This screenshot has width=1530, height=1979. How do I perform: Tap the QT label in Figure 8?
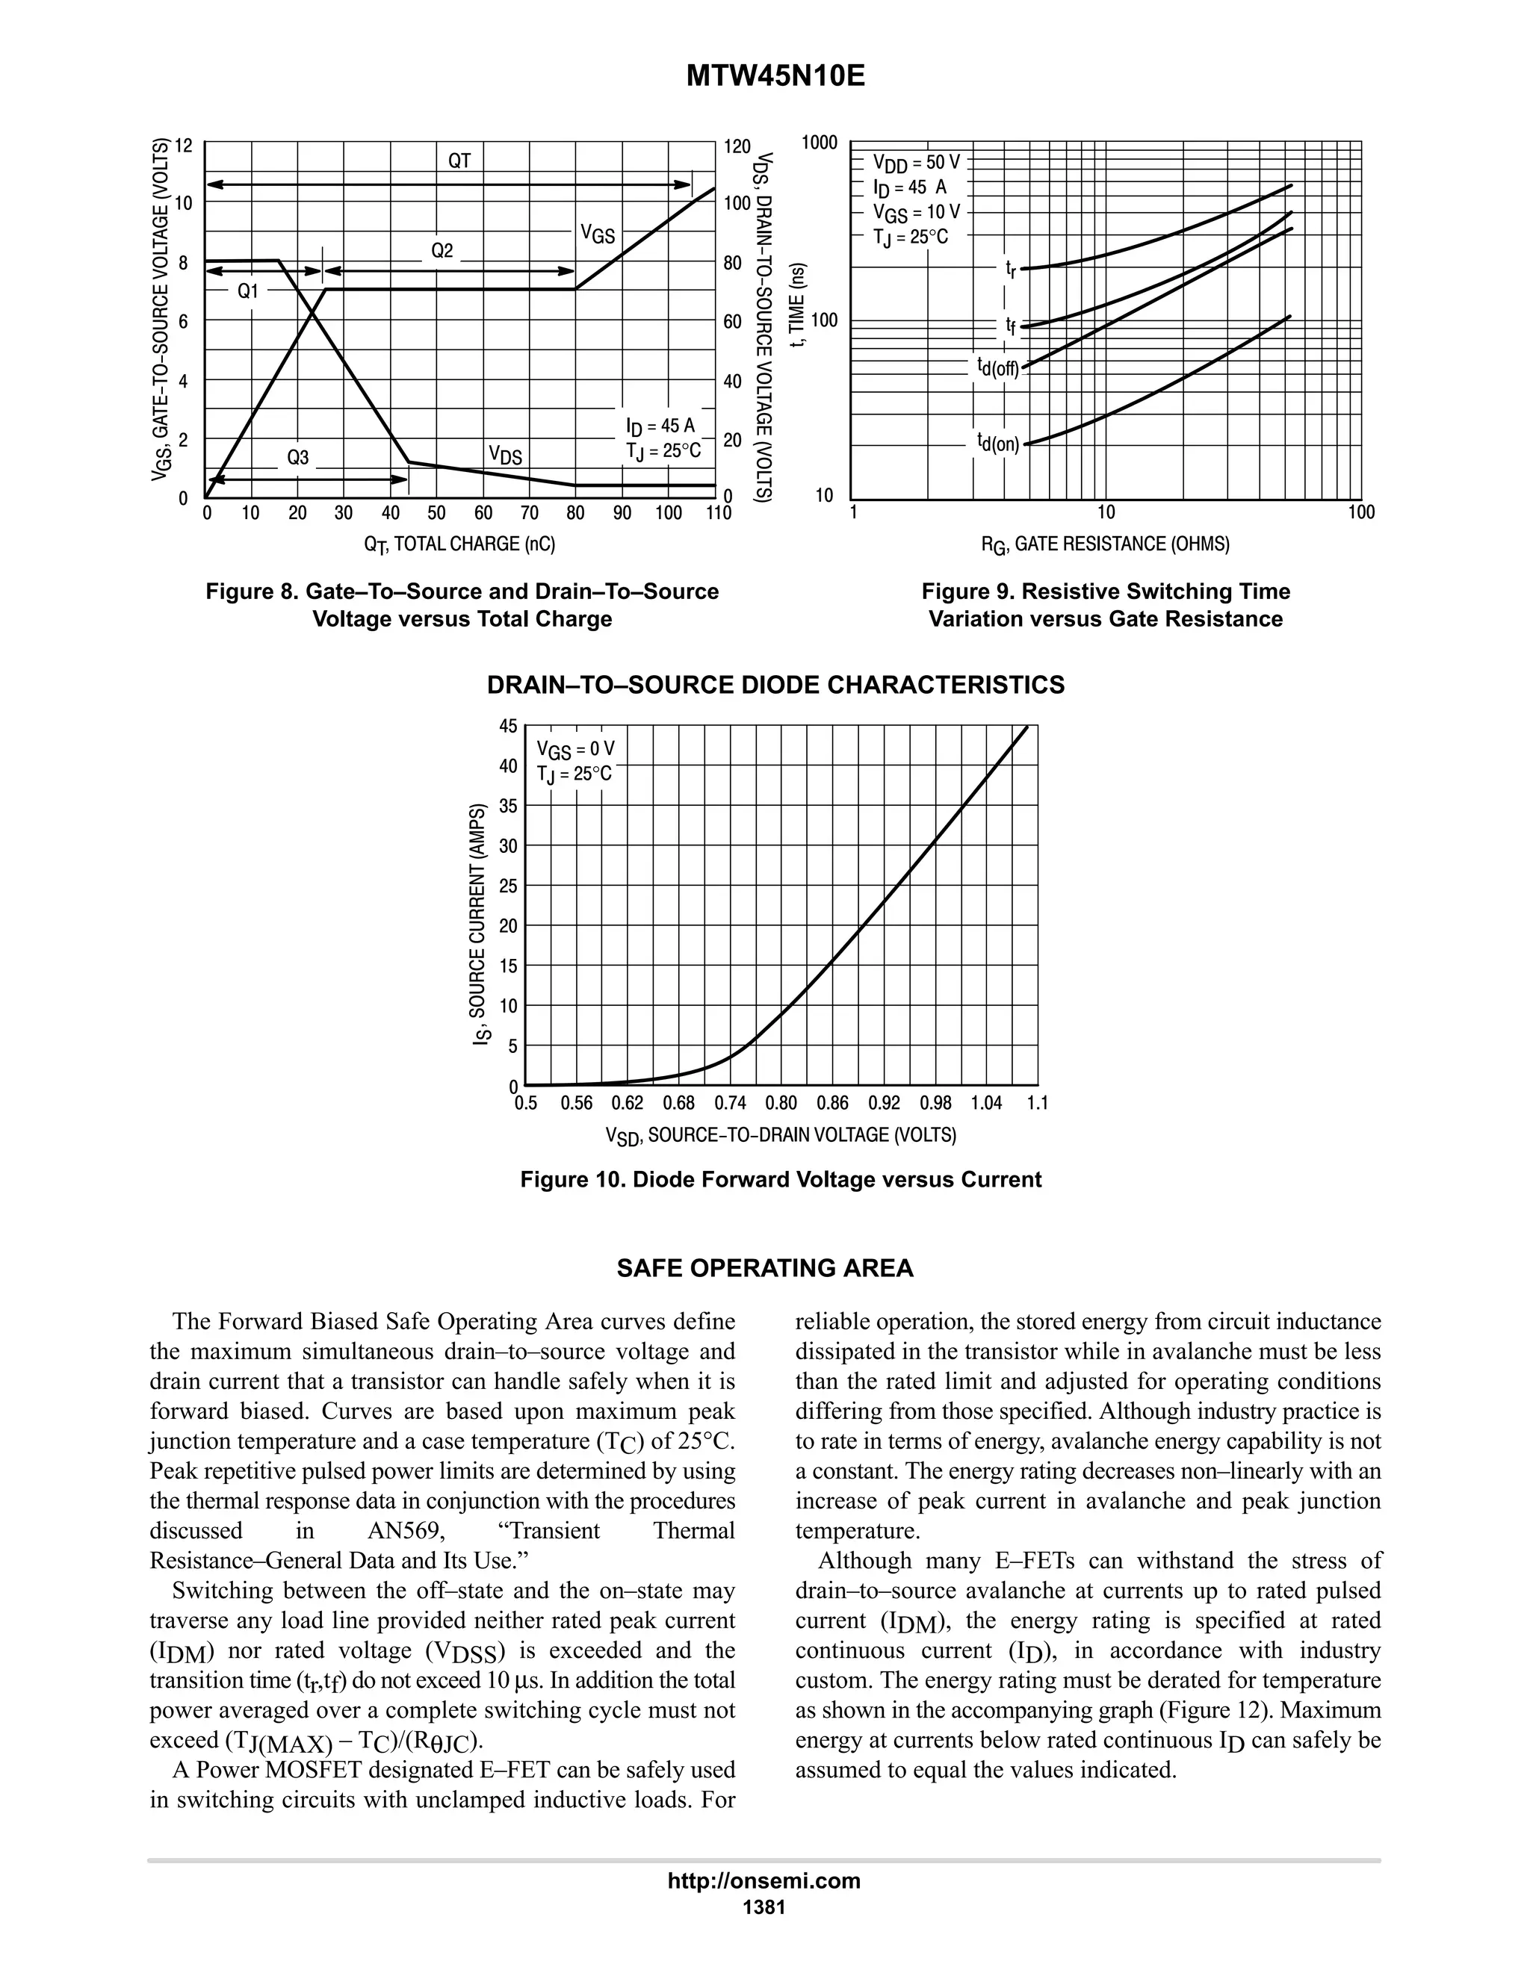[459, 161]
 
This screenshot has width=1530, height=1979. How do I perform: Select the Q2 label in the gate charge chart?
[442, 250]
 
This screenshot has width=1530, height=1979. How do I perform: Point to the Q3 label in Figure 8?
[297, 458]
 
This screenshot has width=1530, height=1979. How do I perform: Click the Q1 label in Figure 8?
[247, 291]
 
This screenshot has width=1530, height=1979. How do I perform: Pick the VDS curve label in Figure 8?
[505, 454]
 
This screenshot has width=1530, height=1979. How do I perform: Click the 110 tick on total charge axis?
[719, 514]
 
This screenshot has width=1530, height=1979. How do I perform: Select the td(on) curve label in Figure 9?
[998, 442]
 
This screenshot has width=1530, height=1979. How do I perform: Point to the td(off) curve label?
[998, 367]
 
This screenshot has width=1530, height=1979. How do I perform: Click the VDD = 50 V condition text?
[915, 163]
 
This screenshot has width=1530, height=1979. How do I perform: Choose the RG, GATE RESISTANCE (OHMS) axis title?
[1106, 544]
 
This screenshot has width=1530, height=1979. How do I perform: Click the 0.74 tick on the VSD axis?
[730, 1103]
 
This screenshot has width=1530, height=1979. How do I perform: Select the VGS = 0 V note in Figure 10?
[575, 749]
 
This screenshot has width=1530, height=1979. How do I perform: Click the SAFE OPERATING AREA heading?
[765, 1269]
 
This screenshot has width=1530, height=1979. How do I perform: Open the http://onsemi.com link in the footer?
[764, 1880]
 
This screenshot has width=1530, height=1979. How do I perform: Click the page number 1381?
[764, 1907]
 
